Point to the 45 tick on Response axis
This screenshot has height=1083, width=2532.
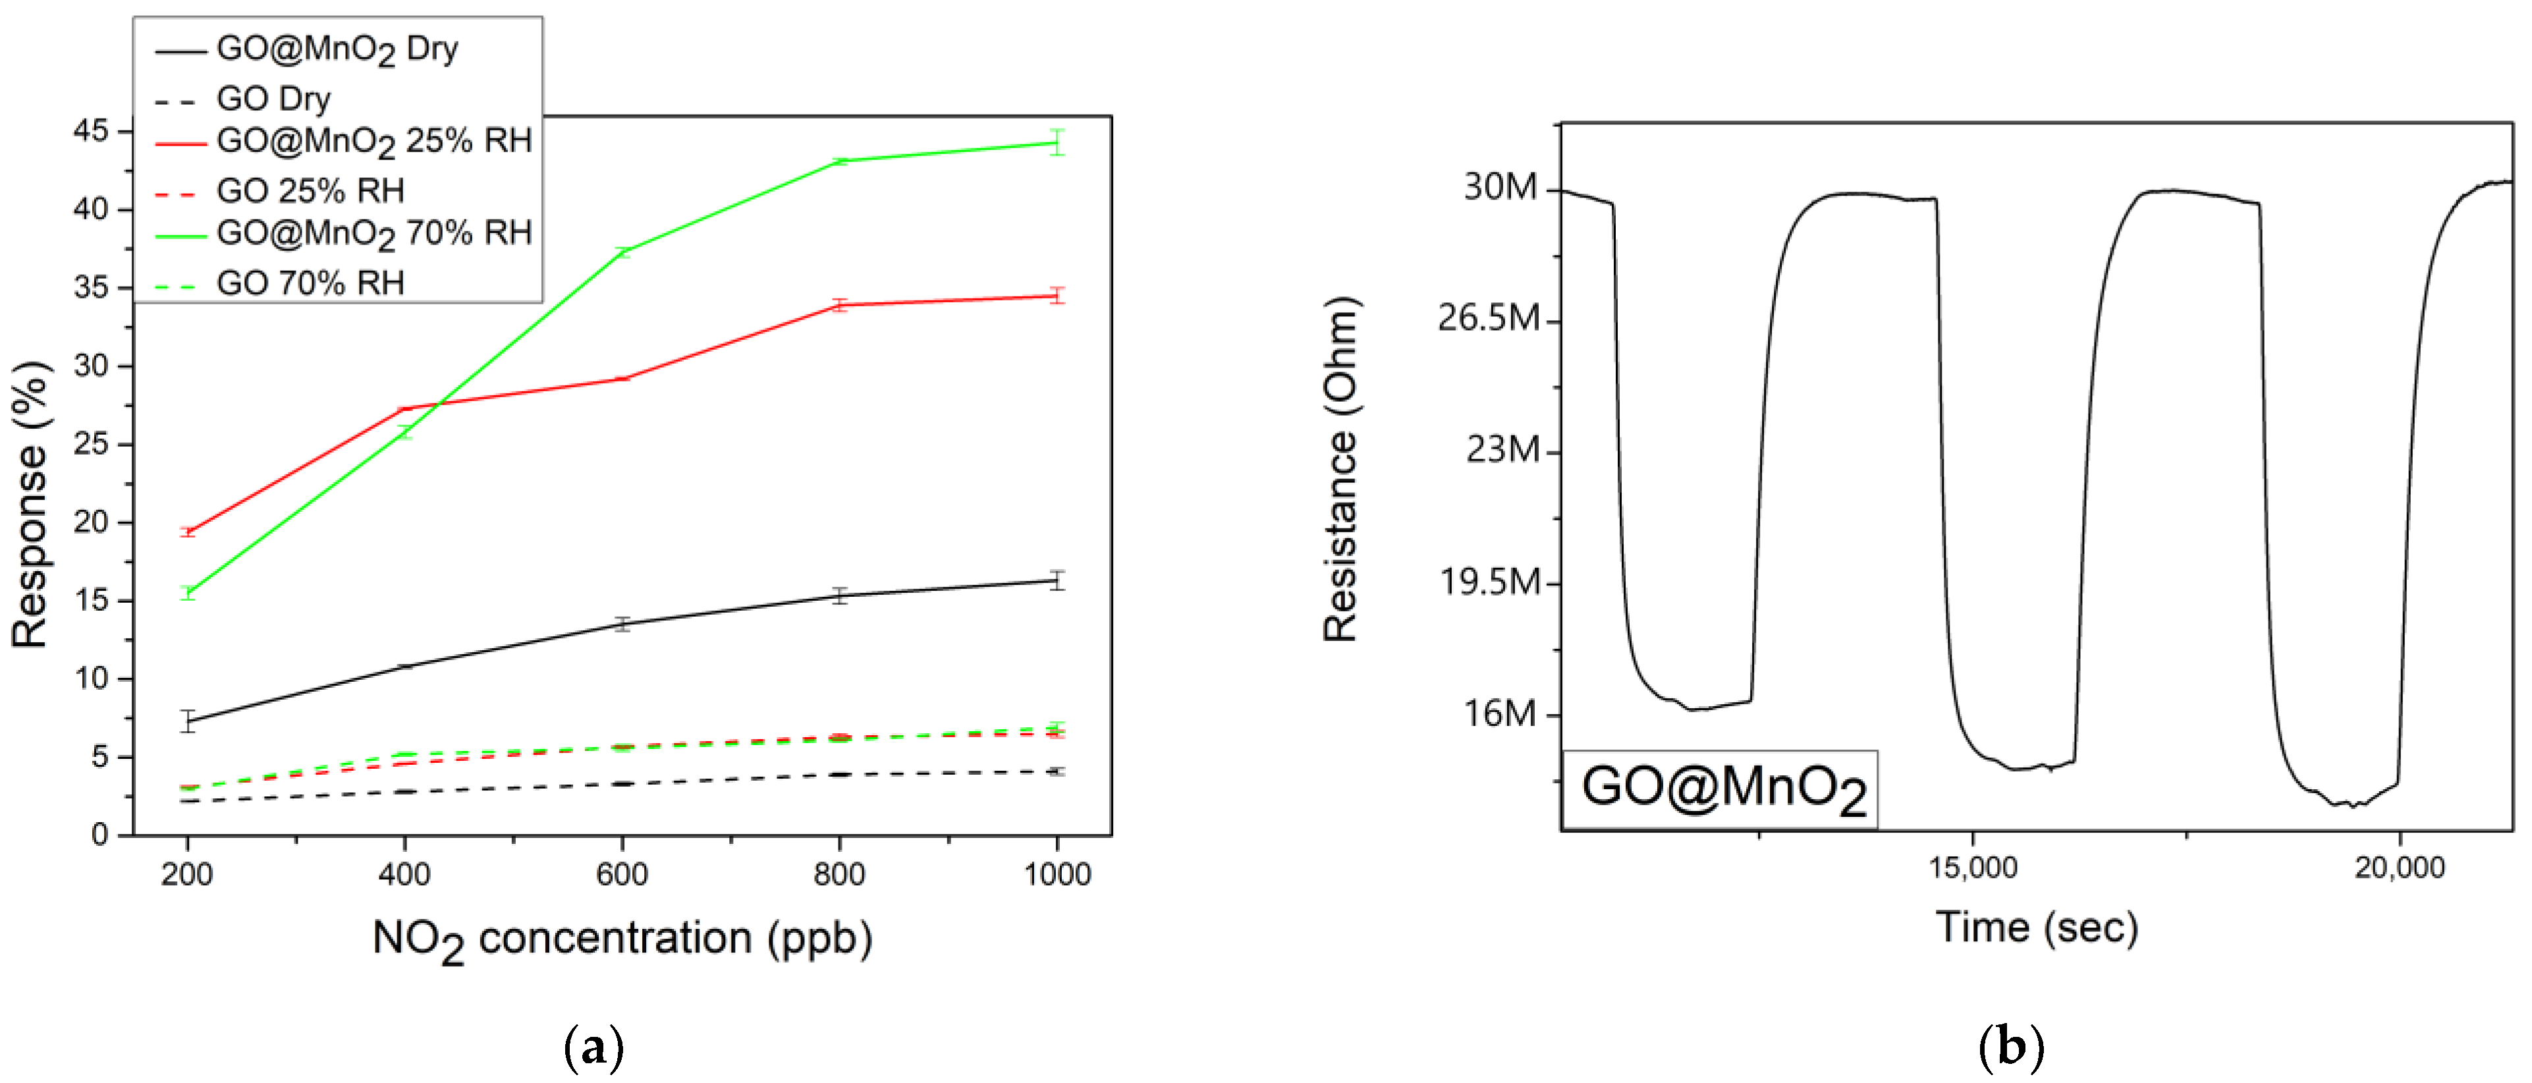coord(90,130)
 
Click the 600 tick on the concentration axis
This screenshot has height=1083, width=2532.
coord(621,874)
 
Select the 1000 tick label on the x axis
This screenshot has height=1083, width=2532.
coord(1057,874)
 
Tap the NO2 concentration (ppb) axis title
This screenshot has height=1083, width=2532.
coord(621,939)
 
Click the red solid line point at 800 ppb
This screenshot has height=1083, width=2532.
coord(839,304)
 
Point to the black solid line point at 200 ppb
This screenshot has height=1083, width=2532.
coord(188,721)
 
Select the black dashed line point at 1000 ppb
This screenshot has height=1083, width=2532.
coord(1057,771)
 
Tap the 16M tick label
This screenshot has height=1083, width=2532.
coord(1500,713)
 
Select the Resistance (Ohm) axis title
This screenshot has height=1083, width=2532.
coord(1340,470)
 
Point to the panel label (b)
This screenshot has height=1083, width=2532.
coord(2010,1047)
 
